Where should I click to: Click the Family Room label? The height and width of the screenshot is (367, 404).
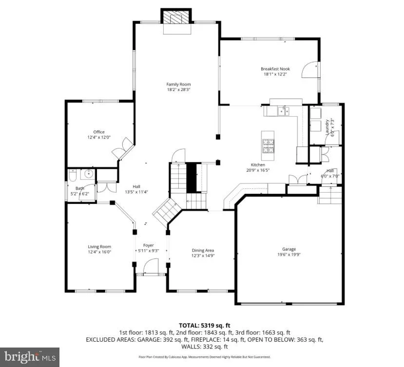[178, 84]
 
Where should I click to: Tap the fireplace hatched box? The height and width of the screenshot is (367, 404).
[176, 17]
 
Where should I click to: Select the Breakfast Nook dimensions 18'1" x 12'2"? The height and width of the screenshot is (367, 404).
[275, 74]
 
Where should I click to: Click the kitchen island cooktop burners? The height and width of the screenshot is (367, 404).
[268, 146]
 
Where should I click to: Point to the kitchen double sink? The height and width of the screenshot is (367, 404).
[284, 111]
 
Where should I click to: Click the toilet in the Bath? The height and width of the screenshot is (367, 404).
[73, 175]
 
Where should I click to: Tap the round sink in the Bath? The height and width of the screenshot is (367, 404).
[88, 174]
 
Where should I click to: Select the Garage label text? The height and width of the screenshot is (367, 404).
[289, 249]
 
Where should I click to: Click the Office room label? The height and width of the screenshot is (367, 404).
[99, 132]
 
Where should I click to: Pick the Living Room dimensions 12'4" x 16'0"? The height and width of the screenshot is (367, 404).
[99, 252]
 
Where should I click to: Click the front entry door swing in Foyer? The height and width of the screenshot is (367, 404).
[151, 267]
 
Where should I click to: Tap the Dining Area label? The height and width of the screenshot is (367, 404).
[203, 250]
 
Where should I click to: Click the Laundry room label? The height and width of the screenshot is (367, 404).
[327, 127]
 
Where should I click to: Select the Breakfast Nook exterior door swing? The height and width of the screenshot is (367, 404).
[309, 70]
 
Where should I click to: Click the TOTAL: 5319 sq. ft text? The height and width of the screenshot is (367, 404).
[205, 326]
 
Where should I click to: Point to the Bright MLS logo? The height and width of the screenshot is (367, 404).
[30, 357]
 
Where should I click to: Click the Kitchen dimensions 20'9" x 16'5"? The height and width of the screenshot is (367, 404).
[258, 170]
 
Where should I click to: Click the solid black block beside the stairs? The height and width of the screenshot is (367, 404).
[192, 178]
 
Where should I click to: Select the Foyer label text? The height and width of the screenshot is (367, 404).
[149, 245]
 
